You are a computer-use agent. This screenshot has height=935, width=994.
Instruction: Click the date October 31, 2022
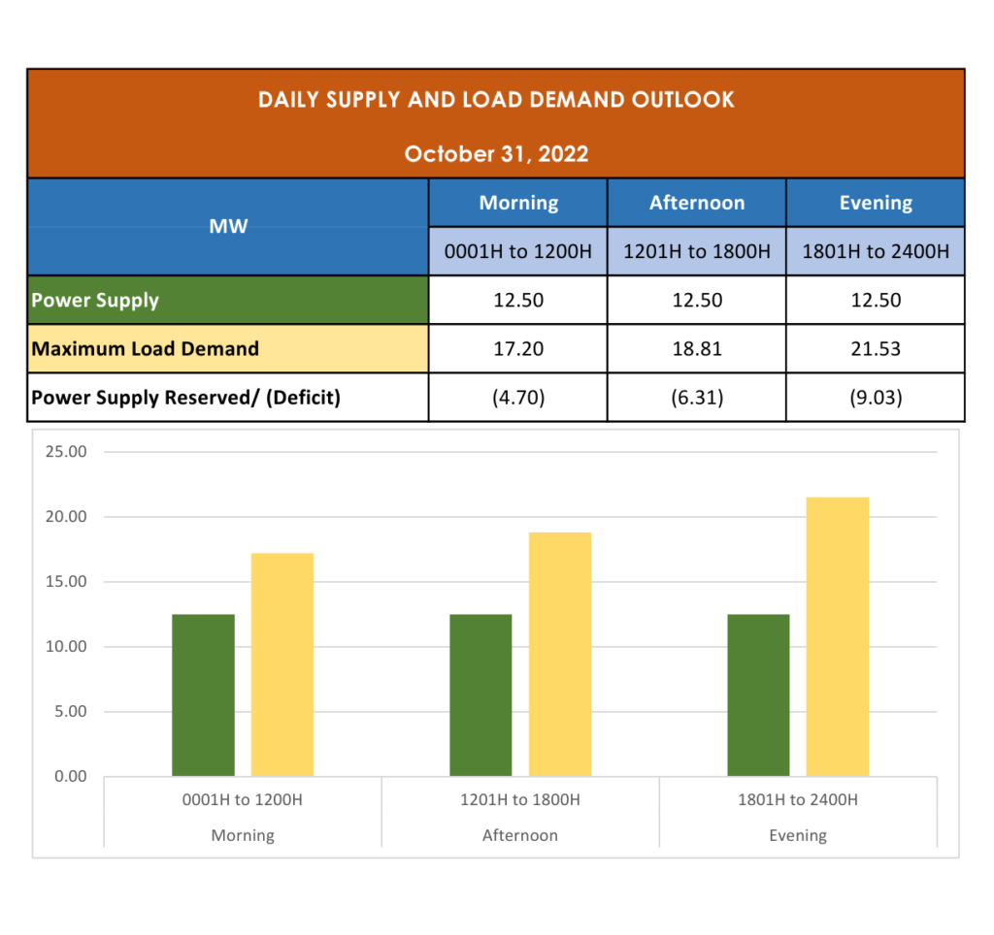[x=496, y=154]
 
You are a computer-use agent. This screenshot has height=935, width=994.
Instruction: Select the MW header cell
[x=228, y=227]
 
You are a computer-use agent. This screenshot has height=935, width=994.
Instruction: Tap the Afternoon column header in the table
[x=696, y=203]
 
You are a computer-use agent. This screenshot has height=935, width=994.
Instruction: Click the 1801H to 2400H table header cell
[x=875, y=252]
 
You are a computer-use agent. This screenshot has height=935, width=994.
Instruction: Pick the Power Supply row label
[x=95, y=300]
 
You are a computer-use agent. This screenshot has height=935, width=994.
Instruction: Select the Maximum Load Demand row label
[x=146, y=348]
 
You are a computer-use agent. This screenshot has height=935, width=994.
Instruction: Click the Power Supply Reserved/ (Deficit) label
[x=185, y=398]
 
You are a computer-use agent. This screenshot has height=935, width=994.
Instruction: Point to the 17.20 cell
[x=518, y=348]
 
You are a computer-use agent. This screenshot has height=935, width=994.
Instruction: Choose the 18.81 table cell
[x=696, y=348]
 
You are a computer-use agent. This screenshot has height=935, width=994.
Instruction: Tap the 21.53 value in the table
[x=875, y=348]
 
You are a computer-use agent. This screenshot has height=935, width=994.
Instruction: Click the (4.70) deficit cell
[x=518, y=398]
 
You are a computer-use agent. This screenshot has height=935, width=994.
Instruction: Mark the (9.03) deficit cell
[x=875, y=398]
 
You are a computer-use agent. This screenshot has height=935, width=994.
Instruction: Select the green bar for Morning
[x=203, y=694]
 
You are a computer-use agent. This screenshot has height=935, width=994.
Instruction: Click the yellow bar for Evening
[x=838, y=636]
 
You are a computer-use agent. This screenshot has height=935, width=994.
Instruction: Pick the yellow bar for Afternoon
[x=560, y=654]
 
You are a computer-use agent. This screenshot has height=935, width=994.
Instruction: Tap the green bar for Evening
[x=758, y=694]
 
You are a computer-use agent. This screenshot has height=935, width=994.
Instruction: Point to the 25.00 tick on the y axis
[x=66, y=452]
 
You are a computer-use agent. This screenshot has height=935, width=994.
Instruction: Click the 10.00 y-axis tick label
[x=66, y=647]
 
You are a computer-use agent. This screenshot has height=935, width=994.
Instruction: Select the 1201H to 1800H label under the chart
[x=520, y=800]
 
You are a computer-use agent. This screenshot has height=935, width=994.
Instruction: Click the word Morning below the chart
[x=243, y=835]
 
